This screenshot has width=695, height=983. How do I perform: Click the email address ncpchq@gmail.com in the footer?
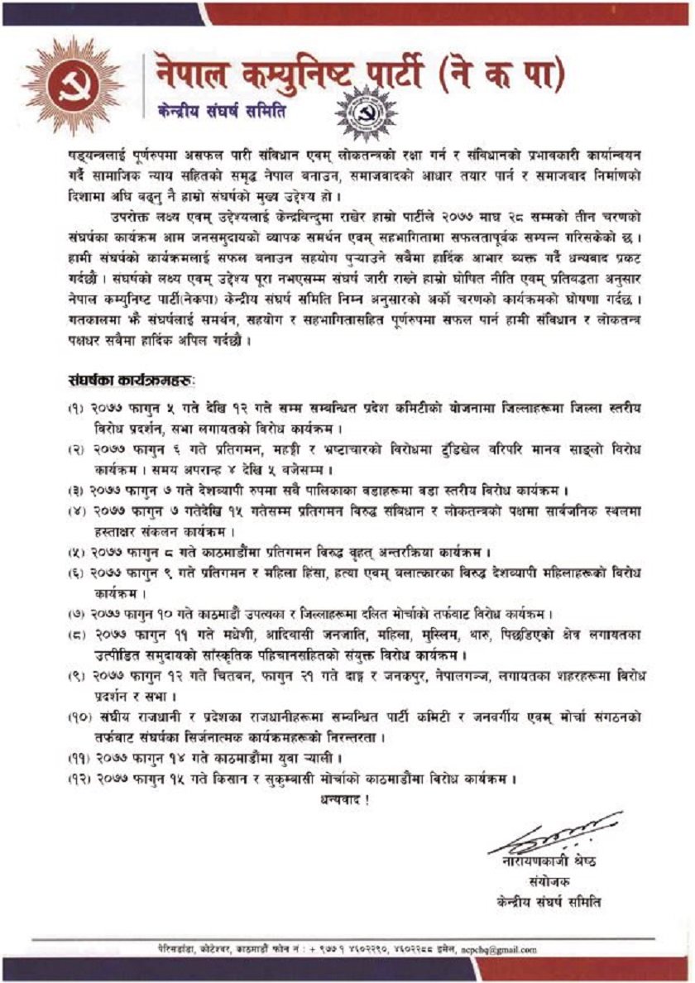tap(496, 949)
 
